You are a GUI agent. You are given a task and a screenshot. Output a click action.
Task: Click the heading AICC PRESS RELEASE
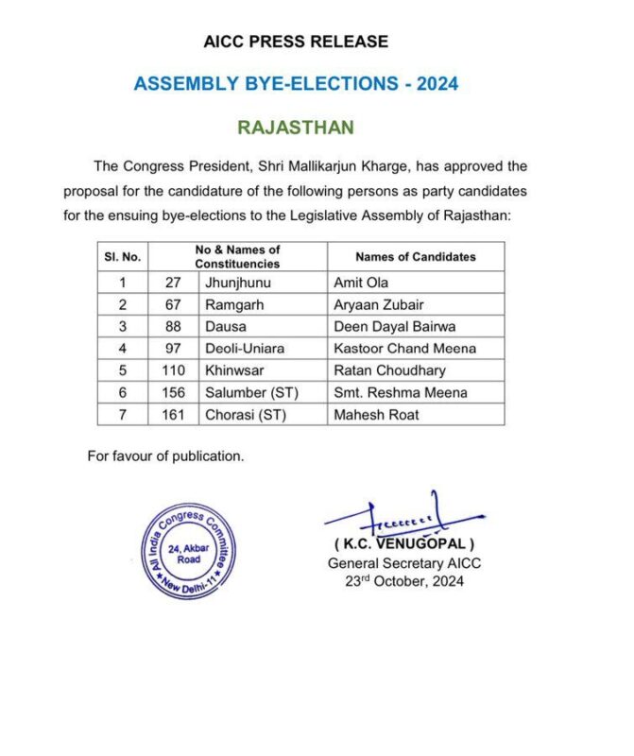pyautogui.click(x=296, y=42)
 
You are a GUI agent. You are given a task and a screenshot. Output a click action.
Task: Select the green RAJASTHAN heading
pyautogui.click(x=296, y=127)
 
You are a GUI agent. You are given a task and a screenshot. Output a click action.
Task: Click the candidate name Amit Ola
pyautogui.click(x=361, y=283)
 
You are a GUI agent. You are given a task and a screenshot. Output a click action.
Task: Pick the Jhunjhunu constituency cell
pyautogui.click(x=237, y=283)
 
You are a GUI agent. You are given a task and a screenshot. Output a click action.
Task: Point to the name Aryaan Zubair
pyautogui.click(x=378, y=304)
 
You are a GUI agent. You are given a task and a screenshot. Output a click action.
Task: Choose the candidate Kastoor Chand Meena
pyautogui.click(x=404, y=348)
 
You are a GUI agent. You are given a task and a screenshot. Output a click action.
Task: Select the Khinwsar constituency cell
pyautogui.click(x=231, y=369)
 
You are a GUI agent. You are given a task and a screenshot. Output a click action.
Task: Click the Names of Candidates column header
pyautogui.click(x=415, y=256)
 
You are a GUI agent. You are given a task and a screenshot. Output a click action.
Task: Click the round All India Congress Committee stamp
pyautogui.click(x=189, y=552)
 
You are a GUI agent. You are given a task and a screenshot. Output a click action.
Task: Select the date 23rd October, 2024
pyautogui.click(x=404, y=581)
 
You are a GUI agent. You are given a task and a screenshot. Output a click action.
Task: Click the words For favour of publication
pyautogui.click(x=165, y=455)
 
